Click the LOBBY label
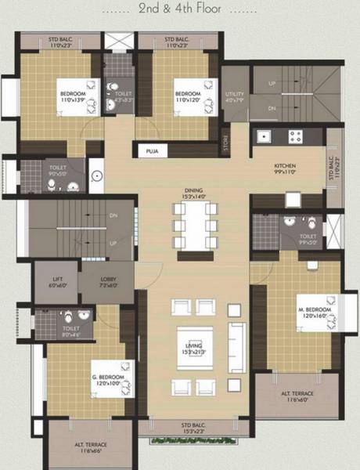coord(107,280)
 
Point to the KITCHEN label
coord(285,168)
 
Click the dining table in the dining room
coord(193,228)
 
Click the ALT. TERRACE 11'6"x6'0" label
coord(297,396)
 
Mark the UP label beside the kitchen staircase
coord(272,84)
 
